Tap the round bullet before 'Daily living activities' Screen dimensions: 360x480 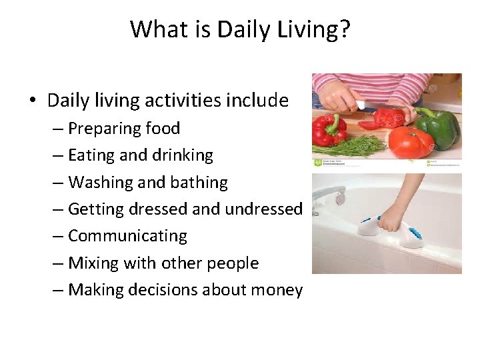coord(33,101)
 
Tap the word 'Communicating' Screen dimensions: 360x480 coord(127,236)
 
